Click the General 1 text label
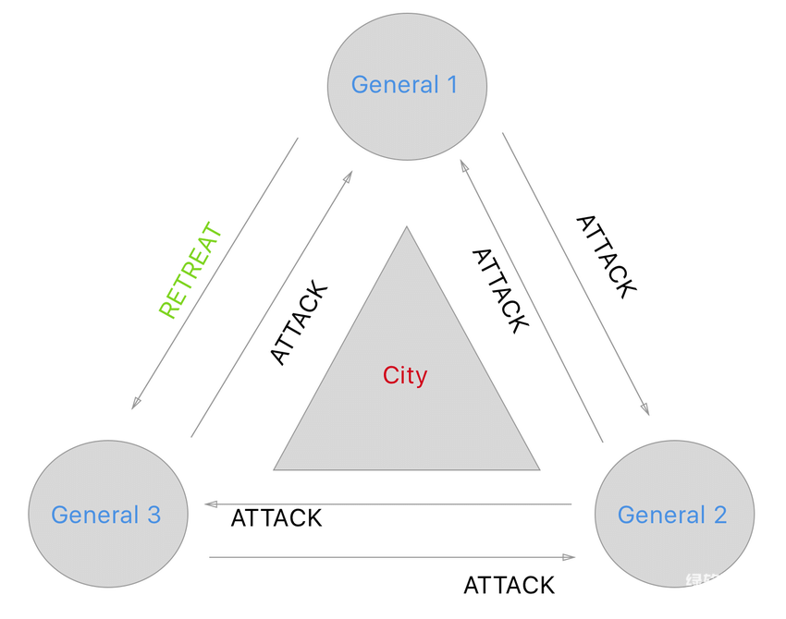click(404, 85)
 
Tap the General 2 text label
click(672, 515)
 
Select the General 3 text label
click(106, 515)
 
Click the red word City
click(405, 375)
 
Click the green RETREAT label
click(191, 270)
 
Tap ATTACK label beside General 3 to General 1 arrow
click(299, 323)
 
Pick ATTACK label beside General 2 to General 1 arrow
click(500, 289)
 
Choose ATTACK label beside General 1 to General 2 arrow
click(606, 256)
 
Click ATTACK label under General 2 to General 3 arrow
click(276, 518)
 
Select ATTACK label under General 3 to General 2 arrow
click(509, 585)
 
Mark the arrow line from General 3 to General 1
click(270, 305)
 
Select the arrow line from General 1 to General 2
click(575, 273)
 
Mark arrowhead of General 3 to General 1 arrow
click(348, 176)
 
